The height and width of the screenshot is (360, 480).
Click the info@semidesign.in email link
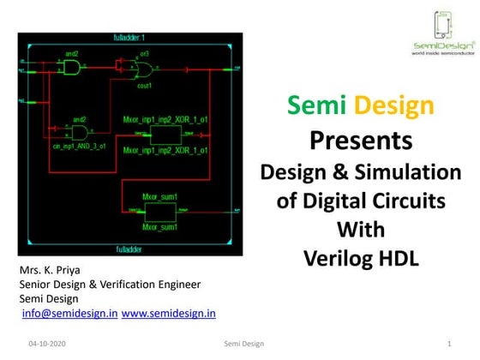(x=69, y=314)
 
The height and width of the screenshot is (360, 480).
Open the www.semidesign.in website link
(x=169, y=314)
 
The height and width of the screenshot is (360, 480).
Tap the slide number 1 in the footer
(x=449, y=343)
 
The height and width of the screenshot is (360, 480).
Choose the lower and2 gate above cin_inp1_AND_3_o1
(x=80, y=134)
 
